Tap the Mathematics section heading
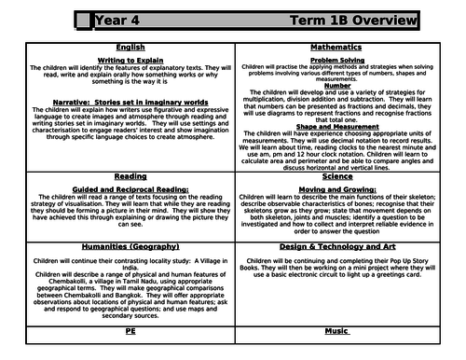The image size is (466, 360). (x=346, y=46)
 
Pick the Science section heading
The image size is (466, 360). (x=346, y=174)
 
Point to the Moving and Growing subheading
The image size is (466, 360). (x=346, y=189)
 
